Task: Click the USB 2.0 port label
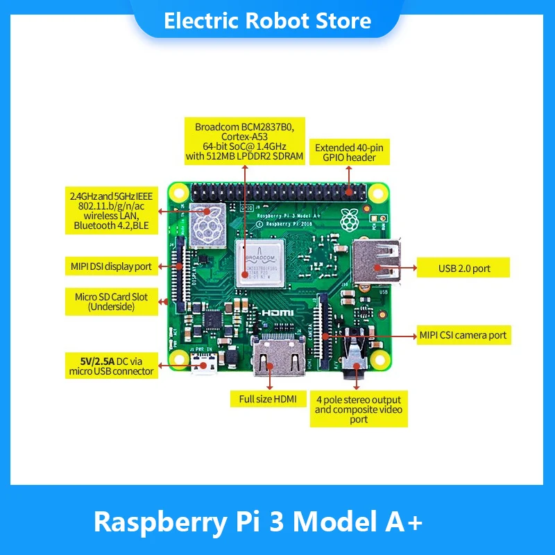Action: (463, 268)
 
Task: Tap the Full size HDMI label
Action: (268, 399)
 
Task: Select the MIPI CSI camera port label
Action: (463, 335)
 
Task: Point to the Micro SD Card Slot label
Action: (111, 302)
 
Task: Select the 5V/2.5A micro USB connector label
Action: (111, 366)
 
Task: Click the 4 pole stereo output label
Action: (358, 409)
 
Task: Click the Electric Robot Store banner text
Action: (268, 21)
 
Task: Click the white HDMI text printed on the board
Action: (277, 314)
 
